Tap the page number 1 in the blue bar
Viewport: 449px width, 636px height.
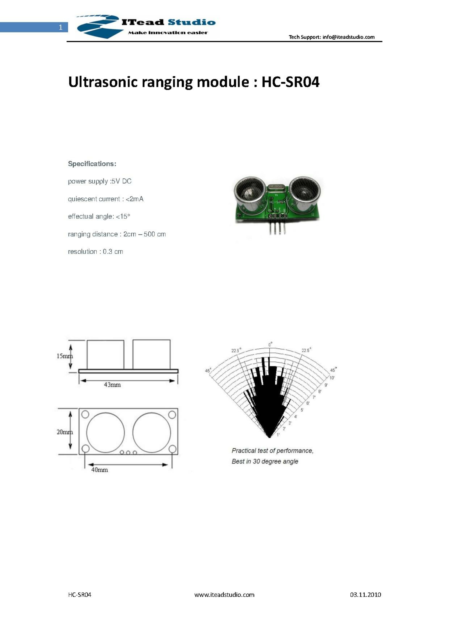coord(61,27)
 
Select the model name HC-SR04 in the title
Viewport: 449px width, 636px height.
coord(290,82)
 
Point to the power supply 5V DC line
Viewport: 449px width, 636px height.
coord(100,181)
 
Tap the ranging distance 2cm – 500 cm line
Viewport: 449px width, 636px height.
coord(117,234)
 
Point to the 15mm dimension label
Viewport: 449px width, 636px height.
coord(65,356)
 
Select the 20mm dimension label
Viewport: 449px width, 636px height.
coord(65,432)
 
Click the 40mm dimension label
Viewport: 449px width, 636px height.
coord(100,470)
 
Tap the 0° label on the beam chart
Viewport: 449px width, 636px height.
coord(270,344)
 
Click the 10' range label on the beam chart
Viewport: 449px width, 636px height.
coord(332,378)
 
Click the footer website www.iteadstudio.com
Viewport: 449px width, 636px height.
coord(224,595)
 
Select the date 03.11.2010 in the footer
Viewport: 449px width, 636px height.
coord(365,595)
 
